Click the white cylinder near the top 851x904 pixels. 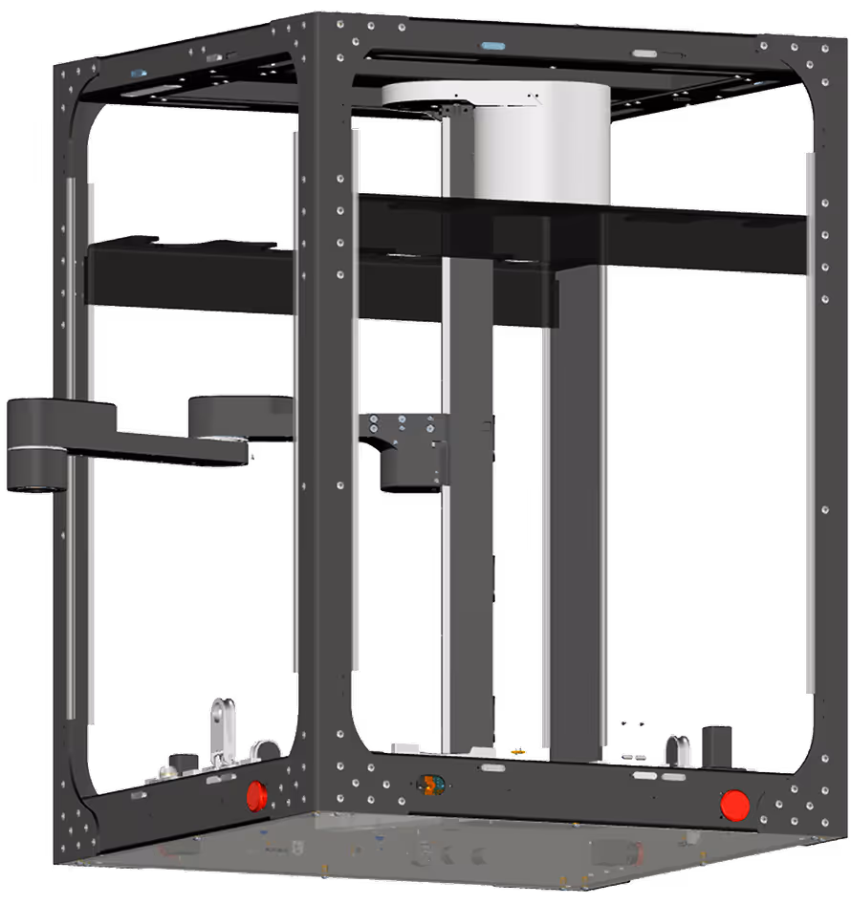pos(542,143)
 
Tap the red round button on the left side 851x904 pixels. pos(257,794)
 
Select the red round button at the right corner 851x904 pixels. pos(734,805)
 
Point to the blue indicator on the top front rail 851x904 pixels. pos(492,45)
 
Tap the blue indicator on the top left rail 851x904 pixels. pos(139,73)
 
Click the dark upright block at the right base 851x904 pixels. pos(717,746)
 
